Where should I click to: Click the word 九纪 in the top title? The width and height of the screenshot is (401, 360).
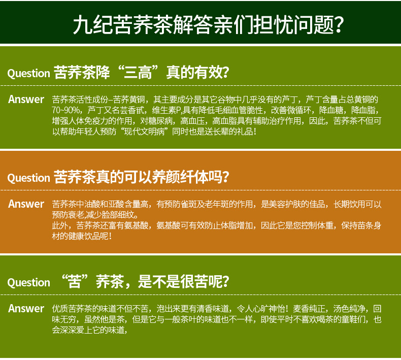[x=93, y=25]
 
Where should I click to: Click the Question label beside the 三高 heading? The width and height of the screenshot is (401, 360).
[x=28, y=74]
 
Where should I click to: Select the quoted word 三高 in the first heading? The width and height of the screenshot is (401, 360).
[x=138, y=72]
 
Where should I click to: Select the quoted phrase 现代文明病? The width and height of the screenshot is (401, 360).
[x=144, y=132]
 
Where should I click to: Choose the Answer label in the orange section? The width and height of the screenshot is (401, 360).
[x=26, y=204]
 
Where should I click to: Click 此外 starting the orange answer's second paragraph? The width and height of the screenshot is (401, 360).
[x=60, y=225]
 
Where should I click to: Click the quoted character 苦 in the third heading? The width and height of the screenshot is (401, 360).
[x=75, y=281]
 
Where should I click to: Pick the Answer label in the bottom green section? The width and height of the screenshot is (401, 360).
[x=26, y=309]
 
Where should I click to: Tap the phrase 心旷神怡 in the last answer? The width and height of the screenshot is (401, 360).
[x=269, y=309]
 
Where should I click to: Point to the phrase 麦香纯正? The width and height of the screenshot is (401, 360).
[x=309, y=309]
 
